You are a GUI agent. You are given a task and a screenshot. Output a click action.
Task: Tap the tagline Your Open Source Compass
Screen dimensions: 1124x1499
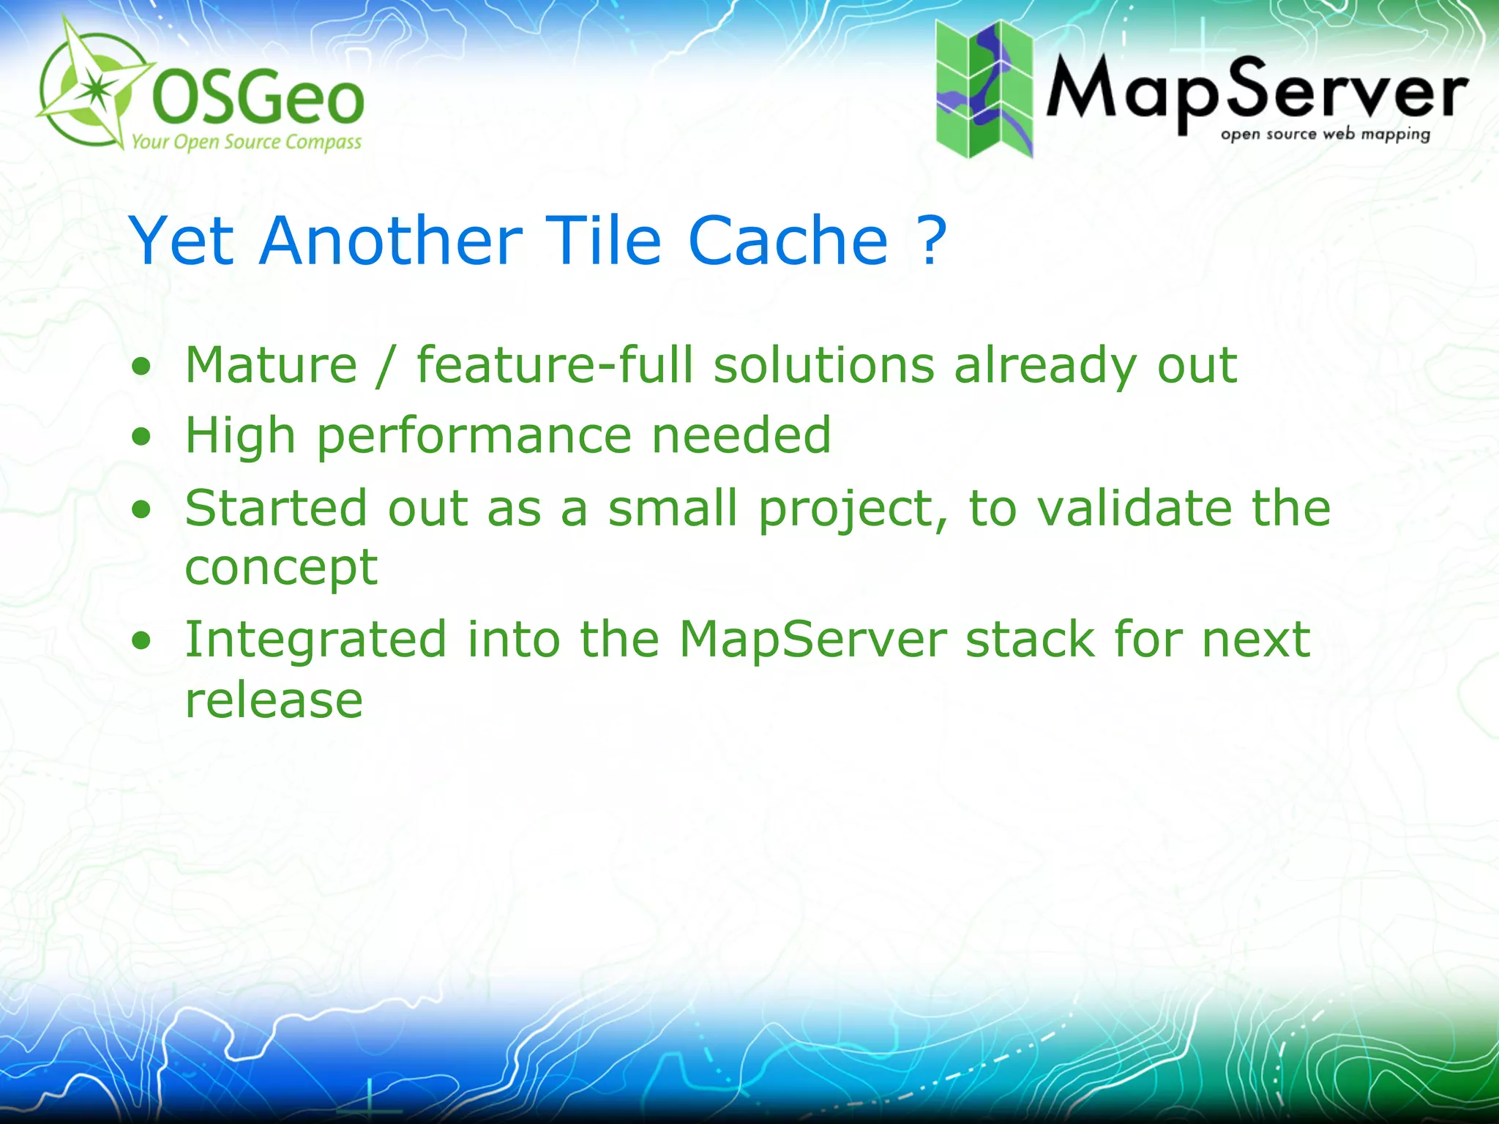pos(247,142)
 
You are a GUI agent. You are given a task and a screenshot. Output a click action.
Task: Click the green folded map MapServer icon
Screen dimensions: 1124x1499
pos(984,89)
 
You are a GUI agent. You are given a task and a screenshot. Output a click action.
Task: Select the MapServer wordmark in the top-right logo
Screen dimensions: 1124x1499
pos(1256,91)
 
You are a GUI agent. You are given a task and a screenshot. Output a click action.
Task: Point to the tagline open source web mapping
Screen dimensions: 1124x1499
pos(1325,135)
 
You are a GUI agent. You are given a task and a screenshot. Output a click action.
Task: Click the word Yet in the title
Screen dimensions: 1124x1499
pos(182,241)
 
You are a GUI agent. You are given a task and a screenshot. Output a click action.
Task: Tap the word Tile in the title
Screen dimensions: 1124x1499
pos(603,241)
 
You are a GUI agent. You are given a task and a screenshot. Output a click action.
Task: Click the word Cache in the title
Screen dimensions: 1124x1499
pos(788,241)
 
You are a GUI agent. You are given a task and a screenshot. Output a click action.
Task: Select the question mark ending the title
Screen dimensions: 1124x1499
pos(931,241)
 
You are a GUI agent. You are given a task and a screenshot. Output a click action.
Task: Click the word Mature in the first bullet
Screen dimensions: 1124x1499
pos(271,365)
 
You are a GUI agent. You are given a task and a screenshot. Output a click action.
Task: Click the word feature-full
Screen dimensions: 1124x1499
pos(554,365)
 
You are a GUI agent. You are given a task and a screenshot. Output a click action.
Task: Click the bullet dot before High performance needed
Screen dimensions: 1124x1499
pos(141,438)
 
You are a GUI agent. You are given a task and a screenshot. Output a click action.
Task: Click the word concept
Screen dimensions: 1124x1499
pos(281,569)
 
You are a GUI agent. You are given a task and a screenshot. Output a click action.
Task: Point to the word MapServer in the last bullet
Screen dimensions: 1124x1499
pos(812,640)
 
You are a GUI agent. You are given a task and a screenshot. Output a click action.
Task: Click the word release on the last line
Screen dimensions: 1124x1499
pos(274,700)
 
